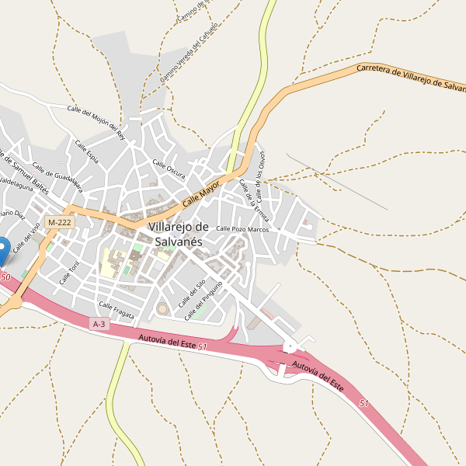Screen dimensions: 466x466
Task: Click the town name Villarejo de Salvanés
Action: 179,234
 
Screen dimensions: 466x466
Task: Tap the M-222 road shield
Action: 59,222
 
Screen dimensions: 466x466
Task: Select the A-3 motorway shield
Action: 99,324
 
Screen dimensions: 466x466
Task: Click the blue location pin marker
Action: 2,249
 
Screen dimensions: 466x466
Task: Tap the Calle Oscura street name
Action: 169,169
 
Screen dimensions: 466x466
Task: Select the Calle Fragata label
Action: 116,310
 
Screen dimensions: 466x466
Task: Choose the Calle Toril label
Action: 70,273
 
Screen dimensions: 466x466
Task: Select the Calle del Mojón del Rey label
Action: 96,120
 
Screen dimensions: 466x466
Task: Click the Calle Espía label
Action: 85,151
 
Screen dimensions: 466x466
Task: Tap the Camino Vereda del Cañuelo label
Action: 189,53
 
